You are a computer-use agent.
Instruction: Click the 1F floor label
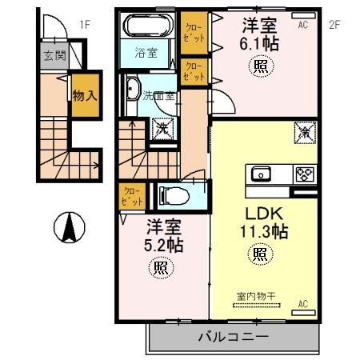click(x=84, y=24)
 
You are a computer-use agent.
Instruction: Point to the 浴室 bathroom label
click(x=146, y=54)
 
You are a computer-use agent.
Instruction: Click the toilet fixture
click(x=174, y=194)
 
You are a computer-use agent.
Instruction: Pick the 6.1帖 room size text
click(x=262, y=44)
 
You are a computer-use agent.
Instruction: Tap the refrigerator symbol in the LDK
click(x=305, y=130)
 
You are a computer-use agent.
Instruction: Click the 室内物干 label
click(x=256, y=296)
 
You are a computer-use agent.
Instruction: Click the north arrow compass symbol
click(x=70, y=229)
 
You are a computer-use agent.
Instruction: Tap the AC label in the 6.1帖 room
click(x=303, y=25)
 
